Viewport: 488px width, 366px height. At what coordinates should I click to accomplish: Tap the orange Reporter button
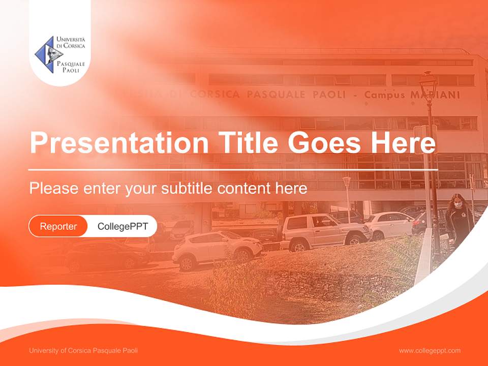click(x=58, y=226)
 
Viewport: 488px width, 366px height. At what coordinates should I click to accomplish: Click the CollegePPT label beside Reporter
click(x=123, y=226)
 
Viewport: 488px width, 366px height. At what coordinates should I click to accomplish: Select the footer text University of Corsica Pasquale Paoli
click(x=83, y=350)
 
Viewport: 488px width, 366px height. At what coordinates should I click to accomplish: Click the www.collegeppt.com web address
click(x=430, y=350)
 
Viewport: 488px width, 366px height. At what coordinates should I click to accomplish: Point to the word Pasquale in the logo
click(x=71, y=64)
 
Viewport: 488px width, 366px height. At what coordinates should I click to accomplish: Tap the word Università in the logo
click(x=71, y=39)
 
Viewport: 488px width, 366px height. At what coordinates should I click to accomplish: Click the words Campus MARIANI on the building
click(x=412, y=95)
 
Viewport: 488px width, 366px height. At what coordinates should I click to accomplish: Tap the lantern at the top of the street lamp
click(x=428, y=81)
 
